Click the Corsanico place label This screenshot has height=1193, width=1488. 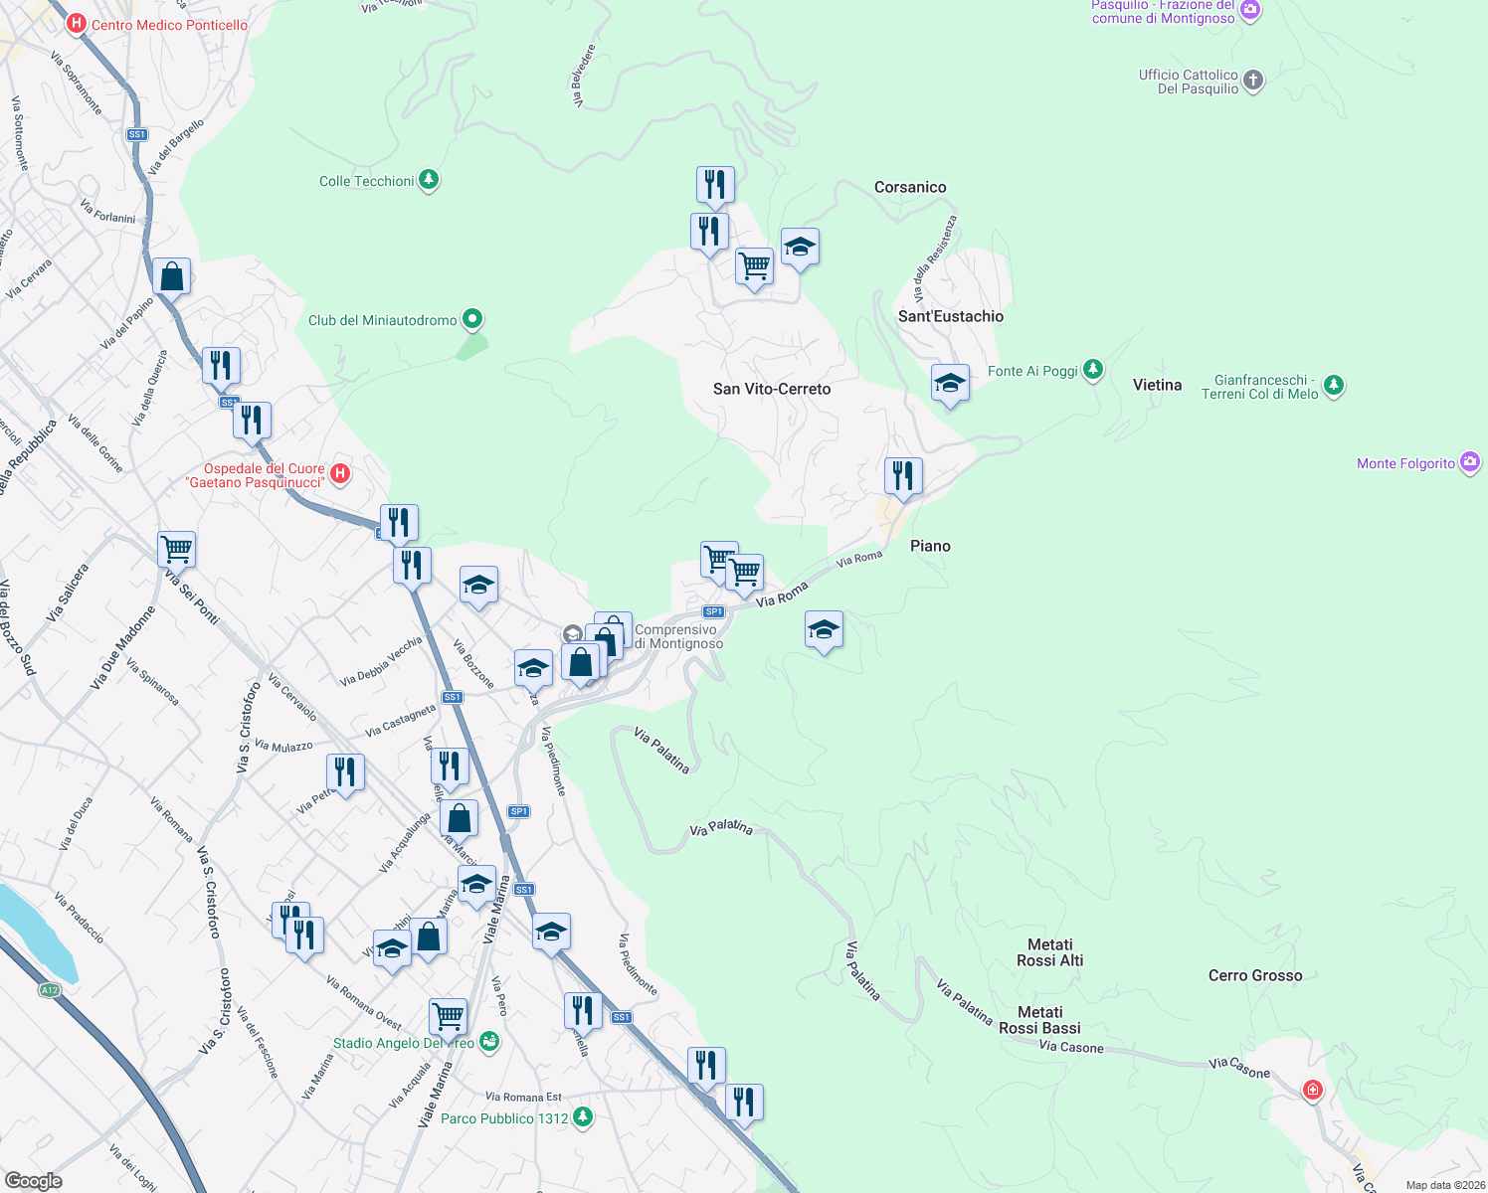910,187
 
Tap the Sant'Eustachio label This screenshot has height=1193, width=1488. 951,316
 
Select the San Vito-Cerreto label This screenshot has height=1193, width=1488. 772,389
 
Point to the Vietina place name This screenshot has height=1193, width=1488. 1157,385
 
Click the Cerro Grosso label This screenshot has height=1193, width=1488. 1255,975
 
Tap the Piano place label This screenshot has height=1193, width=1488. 930,546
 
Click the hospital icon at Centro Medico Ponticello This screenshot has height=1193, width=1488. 77,23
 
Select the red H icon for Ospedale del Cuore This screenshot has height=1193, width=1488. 340,473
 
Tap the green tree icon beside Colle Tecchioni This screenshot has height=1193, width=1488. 429,180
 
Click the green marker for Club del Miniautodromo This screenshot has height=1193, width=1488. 473,319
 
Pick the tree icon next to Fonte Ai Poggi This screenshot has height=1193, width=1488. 1093,370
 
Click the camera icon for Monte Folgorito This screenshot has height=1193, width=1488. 1470,462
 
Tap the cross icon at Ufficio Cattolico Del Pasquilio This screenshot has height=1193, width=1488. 1253,81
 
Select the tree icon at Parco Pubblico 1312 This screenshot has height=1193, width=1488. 583,1117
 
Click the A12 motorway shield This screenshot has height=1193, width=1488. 49,990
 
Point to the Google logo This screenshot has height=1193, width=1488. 33,1181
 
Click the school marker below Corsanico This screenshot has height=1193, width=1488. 800,247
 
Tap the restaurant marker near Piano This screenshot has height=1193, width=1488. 903,476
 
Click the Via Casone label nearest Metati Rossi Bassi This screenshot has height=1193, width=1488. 1071,1047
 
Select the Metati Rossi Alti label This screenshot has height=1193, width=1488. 1050,952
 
